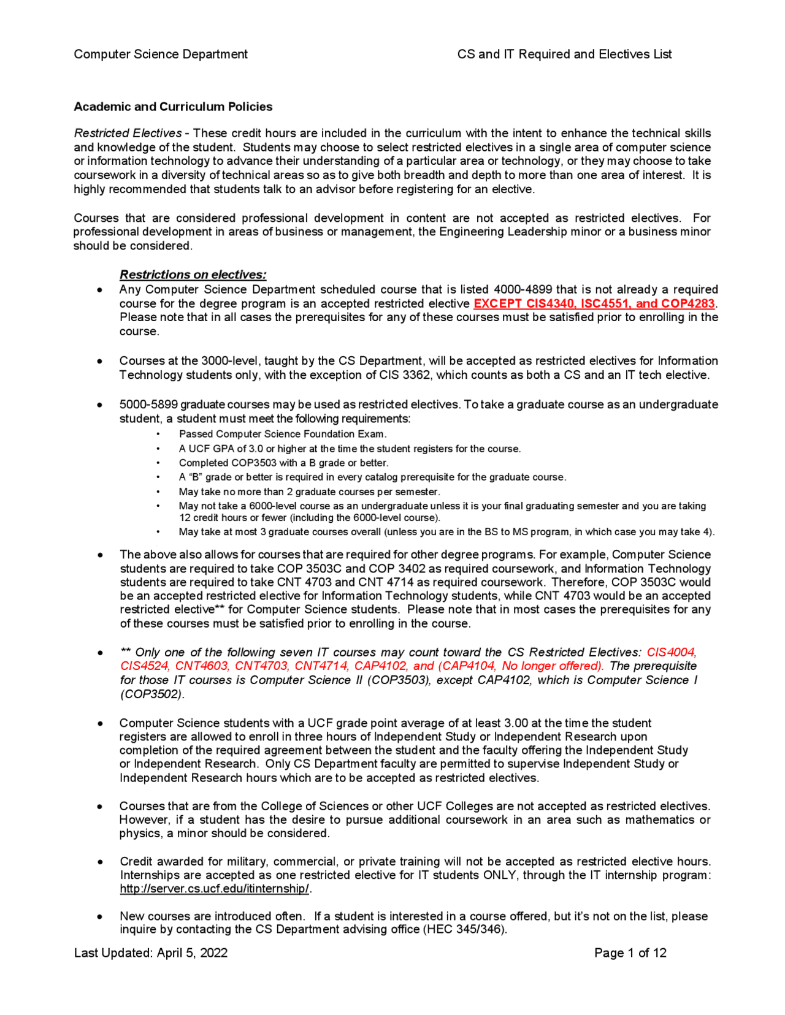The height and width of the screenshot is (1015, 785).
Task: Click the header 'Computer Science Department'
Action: [161, 55]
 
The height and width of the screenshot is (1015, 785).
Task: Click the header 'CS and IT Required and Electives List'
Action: [564, 55]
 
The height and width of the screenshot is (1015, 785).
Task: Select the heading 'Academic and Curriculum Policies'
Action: [173, 107]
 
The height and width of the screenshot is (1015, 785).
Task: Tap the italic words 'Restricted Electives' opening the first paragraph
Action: [128, 134]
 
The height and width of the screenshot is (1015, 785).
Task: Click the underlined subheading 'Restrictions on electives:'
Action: [193, 275]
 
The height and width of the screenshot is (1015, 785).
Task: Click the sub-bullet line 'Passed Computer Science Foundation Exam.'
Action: [283, 435]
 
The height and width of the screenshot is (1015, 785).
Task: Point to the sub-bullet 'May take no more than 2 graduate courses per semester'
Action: [309, 492]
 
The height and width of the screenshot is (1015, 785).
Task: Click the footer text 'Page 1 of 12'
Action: [630, 953]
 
